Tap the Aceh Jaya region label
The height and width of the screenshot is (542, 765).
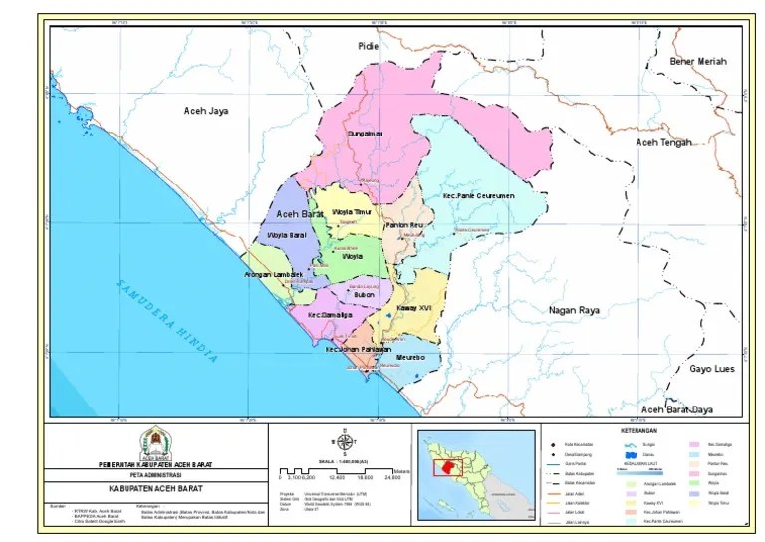(206, 112)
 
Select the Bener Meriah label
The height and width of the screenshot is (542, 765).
(698, 62)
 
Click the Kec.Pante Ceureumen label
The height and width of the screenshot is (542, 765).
(478, 196)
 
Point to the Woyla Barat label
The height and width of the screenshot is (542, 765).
(285, 236)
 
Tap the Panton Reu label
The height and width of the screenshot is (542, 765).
(404, 227)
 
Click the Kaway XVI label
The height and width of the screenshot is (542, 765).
(413, 309)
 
